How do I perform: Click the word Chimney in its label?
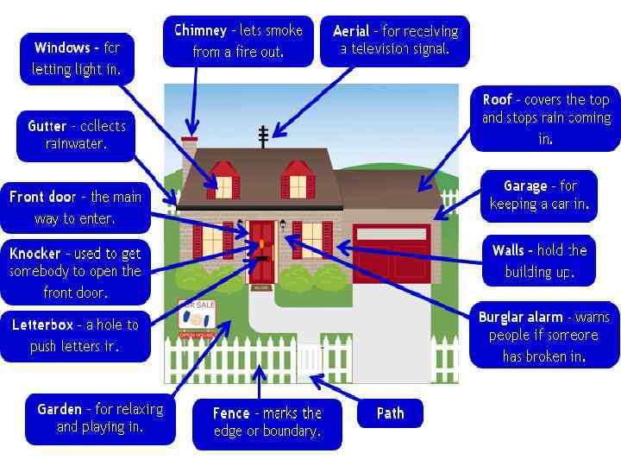200,31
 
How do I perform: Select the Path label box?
390,413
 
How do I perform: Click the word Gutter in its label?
47,126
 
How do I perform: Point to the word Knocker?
35,254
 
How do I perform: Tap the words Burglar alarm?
521,318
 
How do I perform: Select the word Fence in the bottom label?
231,413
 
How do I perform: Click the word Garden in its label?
60,409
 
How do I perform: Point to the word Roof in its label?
498,100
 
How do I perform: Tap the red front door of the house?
261,250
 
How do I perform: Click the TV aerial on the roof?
263,135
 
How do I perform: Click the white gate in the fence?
310,358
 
